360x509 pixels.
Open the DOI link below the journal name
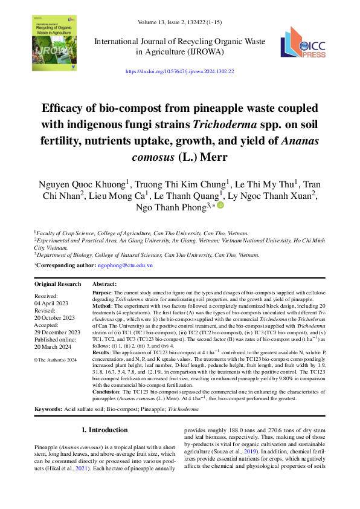tap(179, 71)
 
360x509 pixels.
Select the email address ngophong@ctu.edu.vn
tap(125, 265)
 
